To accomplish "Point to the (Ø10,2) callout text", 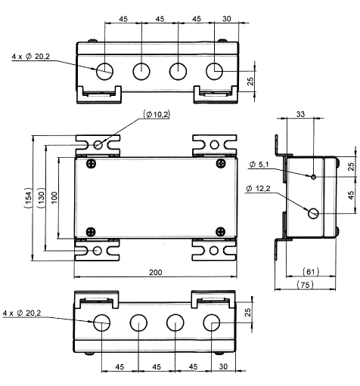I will pos(157,115).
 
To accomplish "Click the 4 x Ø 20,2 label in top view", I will pos(32,55).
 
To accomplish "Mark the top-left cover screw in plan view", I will pos(92,165).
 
